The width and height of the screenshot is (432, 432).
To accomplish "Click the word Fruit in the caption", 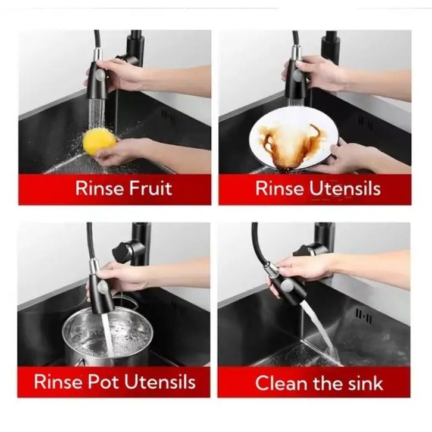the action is click(x=151, y=189).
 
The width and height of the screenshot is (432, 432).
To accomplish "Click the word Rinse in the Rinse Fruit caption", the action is click(x=99, y=189).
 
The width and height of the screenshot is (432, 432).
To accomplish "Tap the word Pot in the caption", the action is click(x=104, y=382).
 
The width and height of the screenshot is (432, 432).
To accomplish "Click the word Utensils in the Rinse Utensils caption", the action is click(x=345, y=189).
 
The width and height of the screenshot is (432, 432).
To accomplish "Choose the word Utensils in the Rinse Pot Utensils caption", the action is click(x=160, y=382).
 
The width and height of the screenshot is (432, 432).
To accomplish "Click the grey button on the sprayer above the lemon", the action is click(x=100, y=74).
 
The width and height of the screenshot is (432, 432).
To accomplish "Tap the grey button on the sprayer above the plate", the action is click(x=298, y=75).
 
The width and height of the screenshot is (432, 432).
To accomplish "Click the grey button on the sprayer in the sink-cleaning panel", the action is click(x=288, y=284).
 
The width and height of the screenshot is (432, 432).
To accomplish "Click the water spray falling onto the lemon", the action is click(x=97, y=114).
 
